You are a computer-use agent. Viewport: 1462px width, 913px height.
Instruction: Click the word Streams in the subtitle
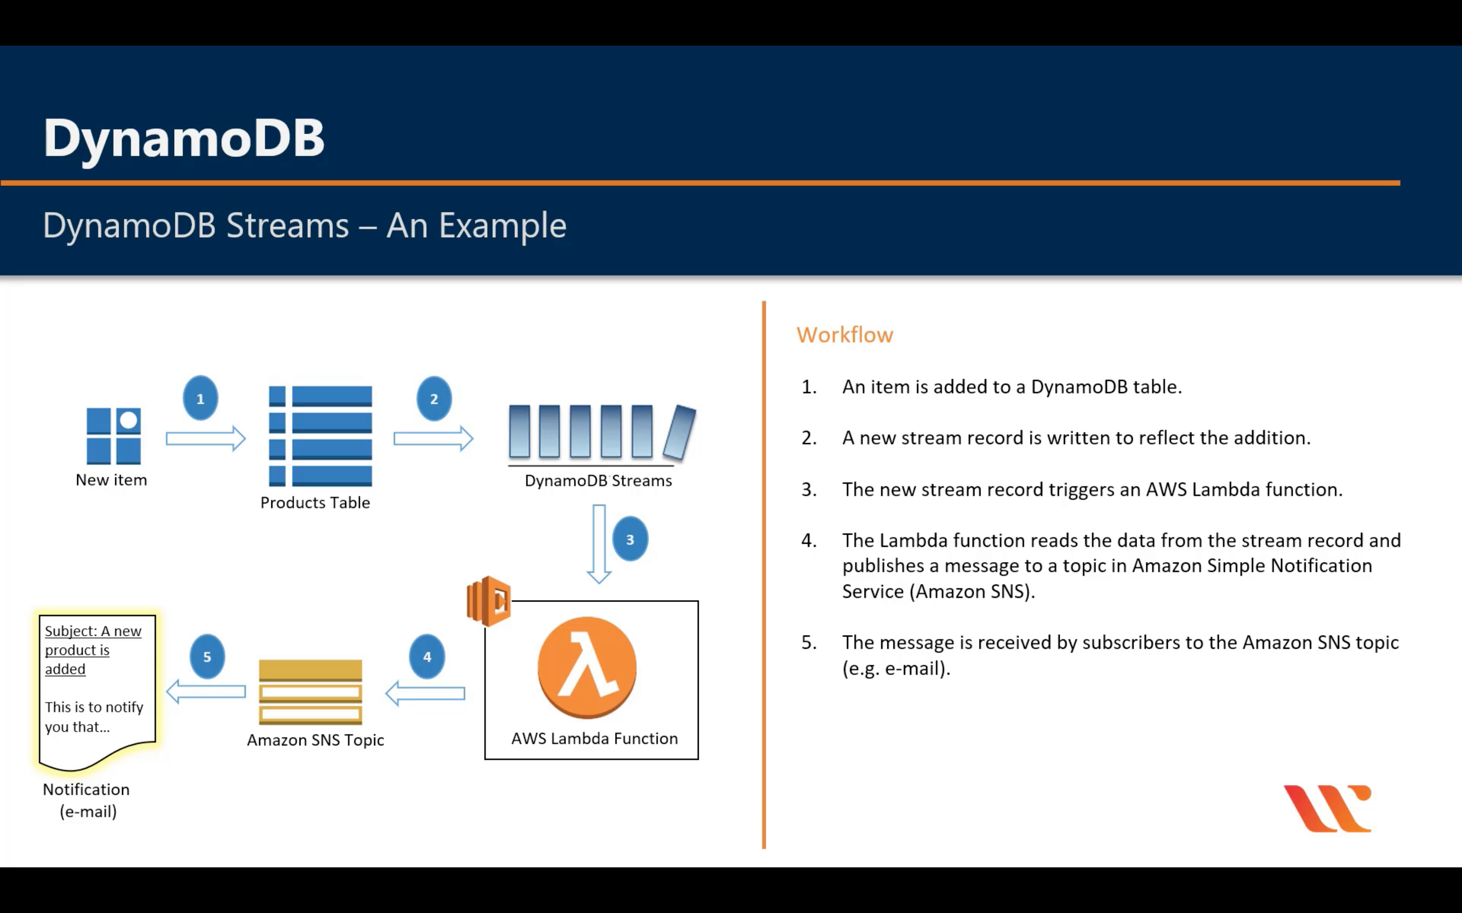click(x=288, y=226)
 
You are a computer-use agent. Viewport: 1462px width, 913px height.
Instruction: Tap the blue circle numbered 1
click(x=200, y=399)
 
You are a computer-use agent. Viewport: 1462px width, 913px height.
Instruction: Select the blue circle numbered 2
click(x=434, y=399)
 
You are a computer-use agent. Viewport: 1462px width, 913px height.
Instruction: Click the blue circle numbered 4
click(x=427, y=656)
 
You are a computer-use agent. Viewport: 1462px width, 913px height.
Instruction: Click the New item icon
click(x=113, y=436)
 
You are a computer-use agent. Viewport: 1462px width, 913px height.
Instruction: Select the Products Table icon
click(x=320, y=436)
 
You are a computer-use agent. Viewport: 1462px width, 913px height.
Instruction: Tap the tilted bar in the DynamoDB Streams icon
click(x=680, y=432)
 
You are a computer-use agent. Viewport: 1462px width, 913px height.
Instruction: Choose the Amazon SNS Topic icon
click(x=310, y=692)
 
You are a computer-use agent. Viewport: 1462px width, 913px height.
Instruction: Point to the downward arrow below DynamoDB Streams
click(x=599, y=543)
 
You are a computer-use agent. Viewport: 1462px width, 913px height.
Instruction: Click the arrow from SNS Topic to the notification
click(x=206, y=691)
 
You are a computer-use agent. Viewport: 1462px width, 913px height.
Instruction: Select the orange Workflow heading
click(x=844, y=335)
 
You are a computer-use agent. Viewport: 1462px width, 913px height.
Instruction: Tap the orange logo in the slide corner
click(x=1328, y=808)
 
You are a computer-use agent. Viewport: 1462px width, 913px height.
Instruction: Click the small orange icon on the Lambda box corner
click(x=489, y=601)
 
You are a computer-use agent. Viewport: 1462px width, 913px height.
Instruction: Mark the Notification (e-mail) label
click(x=87, y=800)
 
